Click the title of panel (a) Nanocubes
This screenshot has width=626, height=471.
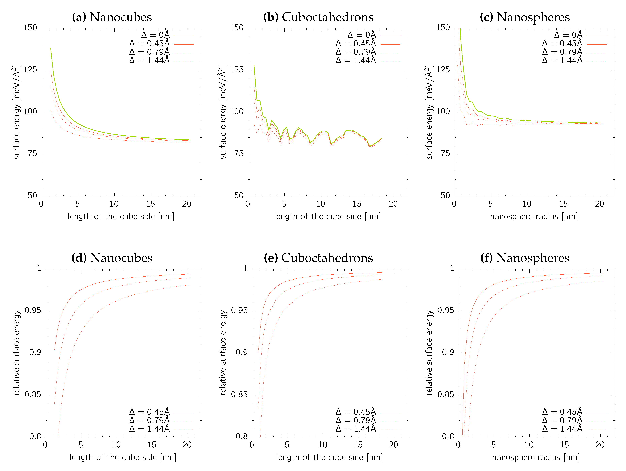click(112, 17)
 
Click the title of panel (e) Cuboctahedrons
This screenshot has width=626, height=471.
click(318, 258)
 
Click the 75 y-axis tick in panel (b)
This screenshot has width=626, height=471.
click(239, 154)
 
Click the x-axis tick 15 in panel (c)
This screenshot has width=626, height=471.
click(563, 204)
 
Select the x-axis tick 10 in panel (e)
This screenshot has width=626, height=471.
click(323, 445)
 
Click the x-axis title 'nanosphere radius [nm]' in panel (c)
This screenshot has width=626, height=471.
click(534, 217)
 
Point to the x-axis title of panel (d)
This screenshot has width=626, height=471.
click(123, 457)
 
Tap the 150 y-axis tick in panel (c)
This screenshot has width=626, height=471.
click(443, 28)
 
